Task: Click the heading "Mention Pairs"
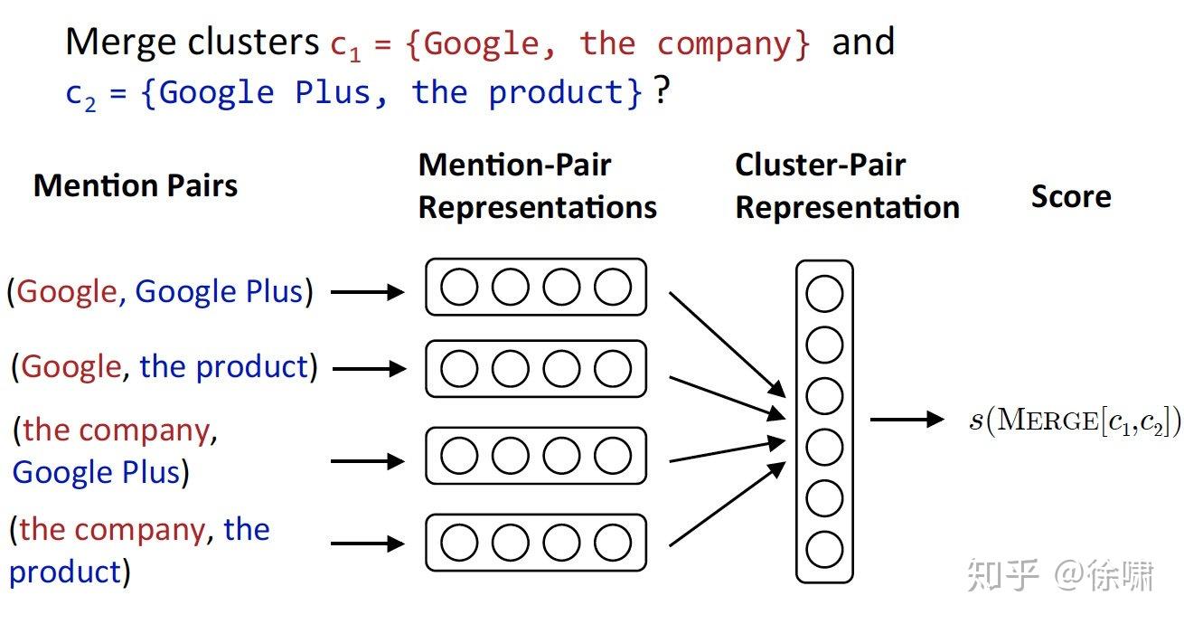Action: pos(136,186)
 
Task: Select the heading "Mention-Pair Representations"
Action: pos(537,186)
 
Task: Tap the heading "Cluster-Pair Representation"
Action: pos(847,186)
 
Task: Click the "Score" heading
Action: pos(1070,197)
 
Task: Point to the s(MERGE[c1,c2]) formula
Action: pos(1075,421)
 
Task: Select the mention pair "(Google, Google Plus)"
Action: pos(160,292)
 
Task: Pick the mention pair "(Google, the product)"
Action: pos(164,367)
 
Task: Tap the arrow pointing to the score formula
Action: pos(906,419)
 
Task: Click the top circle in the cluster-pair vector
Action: pos(823,295)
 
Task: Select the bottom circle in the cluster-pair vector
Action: pos(823,549)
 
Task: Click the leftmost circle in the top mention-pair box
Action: pos(459,288)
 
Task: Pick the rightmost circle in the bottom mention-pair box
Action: pos(613,543)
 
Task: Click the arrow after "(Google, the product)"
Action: pos(369,369)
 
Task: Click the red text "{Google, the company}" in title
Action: pos(609,43)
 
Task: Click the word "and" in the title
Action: pos(862,43)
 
